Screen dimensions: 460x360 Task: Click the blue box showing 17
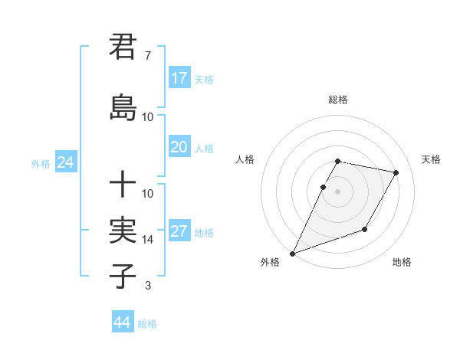pyautogui.click(x=179, y=78)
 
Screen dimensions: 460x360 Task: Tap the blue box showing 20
pyautogui.click(x=179, y=147)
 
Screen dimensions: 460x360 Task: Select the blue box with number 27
pyautogui.click(x=179, y=231)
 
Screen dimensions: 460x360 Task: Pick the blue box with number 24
pyautogui.click(x=65, y=162)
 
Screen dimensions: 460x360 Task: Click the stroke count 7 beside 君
pyautogui.click(x=147, y=55)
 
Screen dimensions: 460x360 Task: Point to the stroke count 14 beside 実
pyautogui.click(x=148, y=239)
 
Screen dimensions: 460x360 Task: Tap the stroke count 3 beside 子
pyautogui.click(x=147, y=286)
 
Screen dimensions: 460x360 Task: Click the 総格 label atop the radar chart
pyautogui.click(x=338, y=100)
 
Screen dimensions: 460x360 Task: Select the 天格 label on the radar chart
pyautogui.click(x=432, y=159)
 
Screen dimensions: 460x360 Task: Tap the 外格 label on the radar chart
pyautogui.click(x=270, y=262)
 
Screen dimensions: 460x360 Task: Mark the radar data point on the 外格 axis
pyautogui.click(x=292, y=253)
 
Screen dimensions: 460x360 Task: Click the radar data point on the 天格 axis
pyautogui.click(x=396, y=173)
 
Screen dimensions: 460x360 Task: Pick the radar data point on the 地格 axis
pyautogui.click(x=365, y=229)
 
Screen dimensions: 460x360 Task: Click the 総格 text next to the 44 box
pyautogui.click(x=147, y=324)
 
